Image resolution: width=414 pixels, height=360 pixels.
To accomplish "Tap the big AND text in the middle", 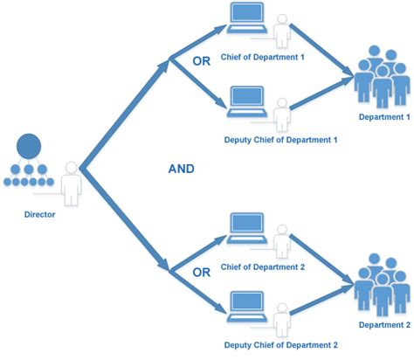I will point(181,170).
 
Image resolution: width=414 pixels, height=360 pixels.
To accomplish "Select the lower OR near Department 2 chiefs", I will point(203,272).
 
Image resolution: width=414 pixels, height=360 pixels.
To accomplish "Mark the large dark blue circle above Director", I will point(29,146).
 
